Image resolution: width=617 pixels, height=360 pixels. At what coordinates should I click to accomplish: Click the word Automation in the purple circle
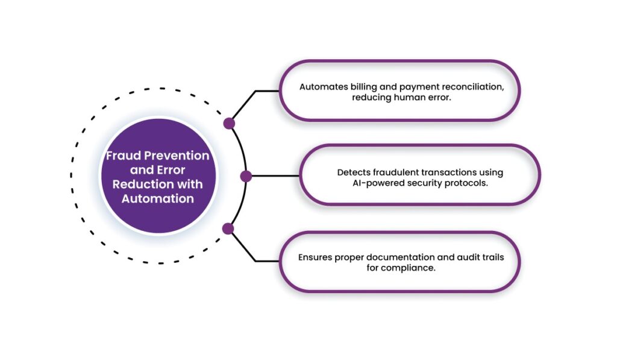[158, 198]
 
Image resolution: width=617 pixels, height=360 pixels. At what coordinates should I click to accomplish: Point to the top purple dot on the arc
[229, 124]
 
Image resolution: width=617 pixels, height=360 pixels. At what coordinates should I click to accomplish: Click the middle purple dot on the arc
[246, 176]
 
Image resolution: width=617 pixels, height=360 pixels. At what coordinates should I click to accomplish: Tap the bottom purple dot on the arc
[228, 229]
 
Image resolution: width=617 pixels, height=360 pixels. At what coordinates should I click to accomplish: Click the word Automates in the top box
[321, 87]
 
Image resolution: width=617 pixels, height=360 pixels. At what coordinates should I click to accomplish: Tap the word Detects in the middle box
[352, 172]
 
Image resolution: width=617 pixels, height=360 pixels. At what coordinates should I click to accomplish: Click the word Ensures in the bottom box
[316, 257]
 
